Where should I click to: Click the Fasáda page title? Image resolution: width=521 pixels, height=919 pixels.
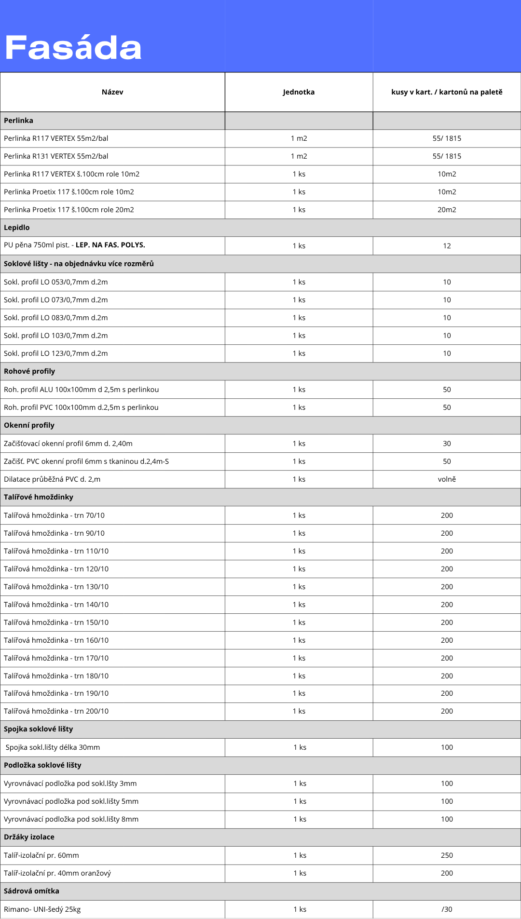pyautogui.click(x=73, y=48)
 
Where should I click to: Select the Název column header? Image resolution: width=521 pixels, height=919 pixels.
pyautogui.click(x=112, y=92)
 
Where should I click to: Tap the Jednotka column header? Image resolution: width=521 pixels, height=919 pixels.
pyautogui.click(x=299, y=92)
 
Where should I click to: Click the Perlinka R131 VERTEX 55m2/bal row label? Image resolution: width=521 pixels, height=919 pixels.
pyautogui.click(x=56, y=156)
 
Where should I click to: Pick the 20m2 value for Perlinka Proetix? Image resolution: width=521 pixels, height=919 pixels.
pyautogui.click(x=447, y=210)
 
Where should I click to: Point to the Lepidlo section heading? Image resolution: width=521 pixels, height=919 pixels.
pyautogui.click(x=17, y=228)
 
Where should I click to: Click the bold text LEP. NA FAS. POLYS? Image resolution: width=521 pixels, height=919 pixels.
pyautogui.click(x=110, y=245)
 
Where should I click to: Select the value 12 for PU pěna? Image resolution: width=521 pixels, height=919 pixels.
pyautogui.click(x=447, y=246)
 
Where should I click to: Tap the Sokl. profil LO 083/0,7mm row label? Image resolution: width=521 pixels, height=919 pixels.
pyautogui.click(x=56, y=318)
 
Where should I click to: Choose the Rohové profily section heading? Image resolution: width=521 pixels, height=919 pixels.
pyautogui.click(x=29, y=371)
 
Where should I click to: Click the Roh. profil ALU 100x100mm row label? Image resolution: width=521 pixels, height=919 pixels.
pyautogui.click(x=81, y=390)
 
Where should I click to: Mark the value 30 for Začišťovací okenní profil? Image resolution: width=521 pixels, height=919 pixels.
pyautogui.click(x=447, y=444)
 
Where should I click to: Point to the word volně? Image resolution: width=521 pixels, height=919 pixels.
pyautogui.click(x=447, y=479)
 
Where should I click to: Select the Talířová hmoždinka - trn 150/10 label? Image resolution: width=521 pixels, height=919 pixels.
pyautogui.click(x=56, y=622)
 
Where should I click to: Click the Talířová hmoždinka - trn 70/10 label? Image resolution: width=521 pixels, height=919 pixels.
pyautogui.click(x=54, y=515)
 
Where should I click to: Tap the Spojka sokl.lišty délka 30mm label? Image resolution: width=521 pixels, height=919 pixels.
pyautogui.click(x=53, y=747)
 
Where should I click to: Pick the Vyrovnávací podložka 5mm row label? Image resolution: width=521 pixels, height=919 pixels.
pyautogui.click(x=71, y=801)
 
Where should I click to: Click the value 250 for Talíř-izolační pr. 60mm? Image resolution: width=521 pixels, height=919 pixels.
pyautogui.click(x=447, y=855)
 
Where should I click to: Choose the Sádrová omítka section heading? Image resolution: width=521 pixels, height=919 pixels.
pyautogui.click(x=31, y=891)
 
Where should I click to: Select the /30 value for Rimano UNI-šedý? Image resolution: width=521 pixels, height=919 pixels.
pyautogui.click(x=447, y=909)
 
